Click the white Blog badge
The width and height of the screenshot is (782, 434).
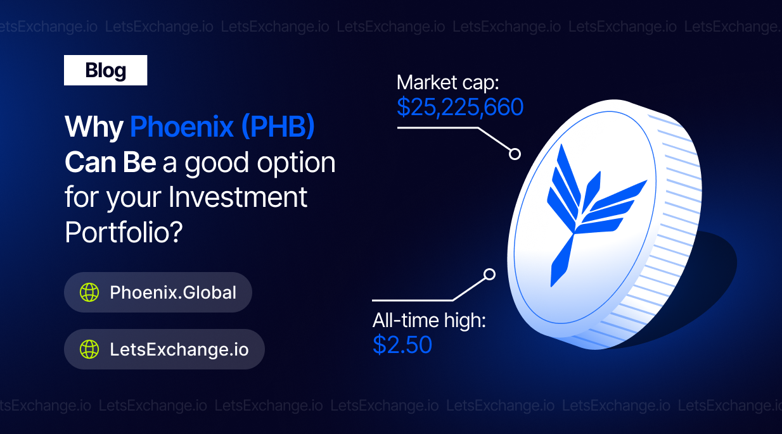tap(105, 70)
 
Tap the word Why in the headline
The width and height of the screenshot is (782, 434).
tap(94, 128)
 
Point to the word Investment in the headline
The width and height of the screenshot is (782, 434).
tap(238, 197)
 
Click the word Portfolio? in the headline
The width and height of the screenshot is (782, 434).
tap(124, 233)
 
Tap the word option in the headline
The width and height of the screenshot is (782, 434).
tap(296, 163)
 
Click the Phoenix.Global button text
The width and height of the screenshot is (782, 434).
tap(173, 292)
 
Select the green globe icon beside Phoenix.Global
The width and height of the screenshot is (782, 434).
tap(89, 292)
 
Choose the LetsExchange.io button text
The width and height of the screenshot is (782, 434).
tap(179, 349)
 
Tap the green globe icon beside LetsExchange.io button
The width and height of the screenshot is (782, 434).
tap(89, 349)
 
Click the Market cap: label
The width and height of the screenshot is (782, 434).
tap(448, 84)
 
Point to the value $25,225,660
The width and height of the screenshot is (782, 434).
tap(460, 107)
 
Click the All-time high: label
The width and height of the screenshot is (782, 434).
tap(429, 321)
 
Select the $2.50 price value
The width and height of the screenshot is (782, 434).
tap(402, 344)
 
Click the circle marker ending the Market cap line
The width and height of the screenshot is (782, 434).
tap(515, 154)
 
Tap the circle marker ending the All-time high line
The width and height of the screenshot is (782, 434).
tap(489, 275)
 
